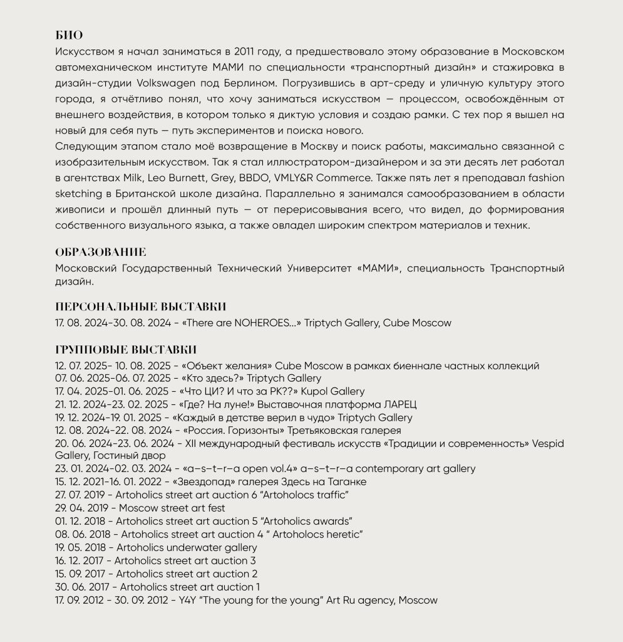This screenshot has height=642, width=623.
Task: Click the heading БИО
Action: (x=69, y=35)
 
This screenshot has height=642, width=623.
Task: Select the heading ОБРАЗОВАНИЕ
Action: (x=101, y=252)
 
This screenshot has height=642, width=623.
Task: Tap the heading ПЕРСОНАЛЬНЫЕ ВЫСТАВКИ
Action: (x=141, y=307)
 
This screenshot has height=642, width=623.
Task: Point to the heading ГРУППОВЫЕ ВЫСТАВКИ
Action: (x=126, y=349)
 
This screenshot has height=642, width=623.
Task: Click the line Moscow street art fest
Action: (x=172, y=508)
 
